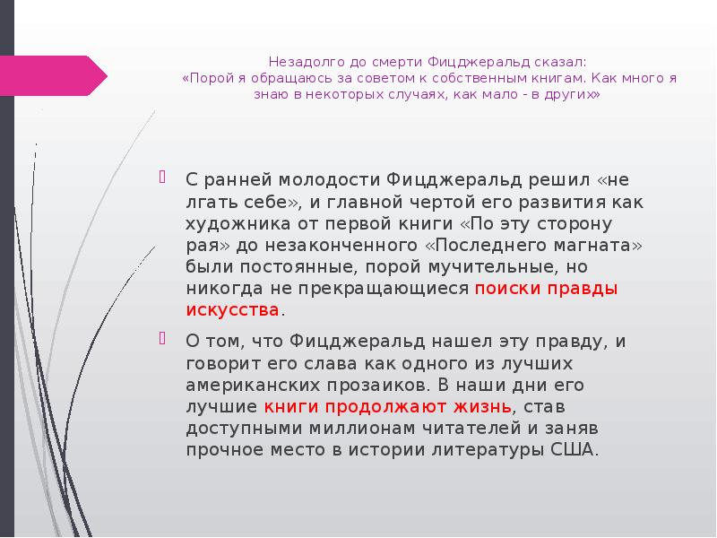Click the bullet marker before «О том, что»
[x=163, y=339]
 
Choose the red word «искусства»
[x=232, y=310]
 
